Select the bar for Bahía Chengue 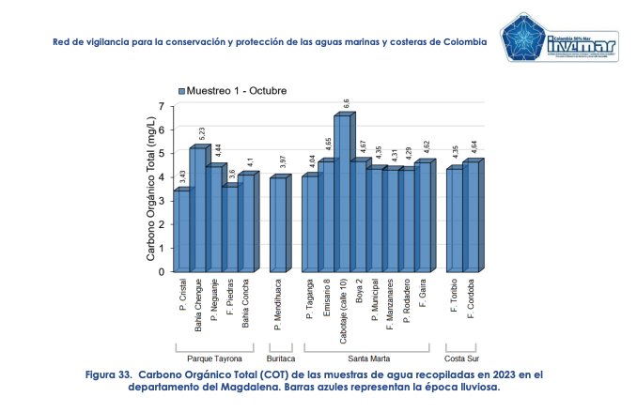tap(197, 211)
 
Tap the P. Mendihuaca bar tap(278, 225)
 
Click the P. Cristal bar tap(181, 232)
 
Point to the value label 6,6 tap(347, 103)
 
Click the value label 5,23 tap(202, 134)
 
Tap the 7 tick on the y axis tap(162, 105)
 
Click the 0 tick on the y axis tap(162, 272)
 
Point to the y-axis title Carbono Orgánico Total tap(150, 188)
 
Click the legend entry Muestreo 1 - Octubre tap(236, 91)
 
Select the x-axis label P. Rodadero tap(406, 301)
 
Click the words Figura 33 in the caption tap(109, 374)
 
